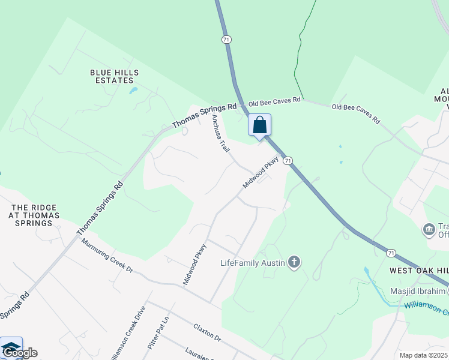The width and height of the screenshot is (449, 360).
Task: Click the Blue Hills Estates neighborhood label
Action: coord(115,76)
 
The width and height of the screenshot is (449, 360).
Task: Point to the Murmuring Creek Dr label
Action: coord(107,257)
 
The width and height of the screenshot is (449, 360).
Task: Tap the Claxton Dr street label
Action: coord(207,332)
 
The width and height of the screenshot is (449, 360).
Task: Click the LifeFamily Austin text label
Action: coord(252,262)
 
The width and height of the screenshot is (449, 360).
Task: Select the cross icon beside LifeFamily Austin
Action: coord(294,262)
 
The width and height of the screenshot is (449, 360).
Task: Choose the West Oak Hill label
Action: coord(418,271)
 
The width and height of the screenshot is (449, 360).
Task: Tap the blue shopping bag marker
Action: coord(260,125)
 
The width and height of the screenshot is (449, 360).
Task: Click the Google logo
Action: coord(20,353)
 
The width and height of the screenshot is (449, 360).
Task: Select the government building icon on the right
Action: coord(429,229)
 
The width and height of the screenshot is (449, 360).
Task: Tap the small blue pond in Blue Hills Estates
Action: coord(133,91)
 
